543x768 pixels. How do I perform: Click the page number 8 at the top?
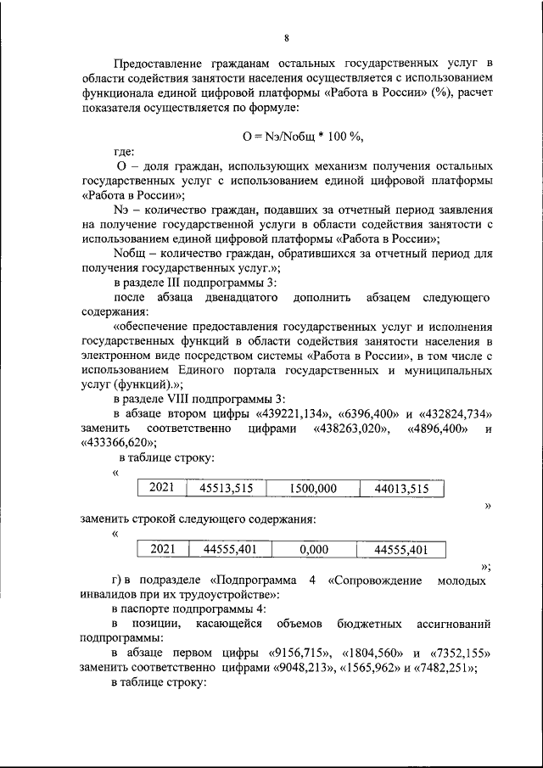coord(286,37)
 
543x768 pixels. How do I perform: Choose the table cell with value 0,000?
coord(313,550)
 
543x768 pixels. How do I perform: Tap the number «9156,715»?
coord(298,653)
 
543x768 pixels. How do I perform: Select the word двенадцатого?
coord(241,298)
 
